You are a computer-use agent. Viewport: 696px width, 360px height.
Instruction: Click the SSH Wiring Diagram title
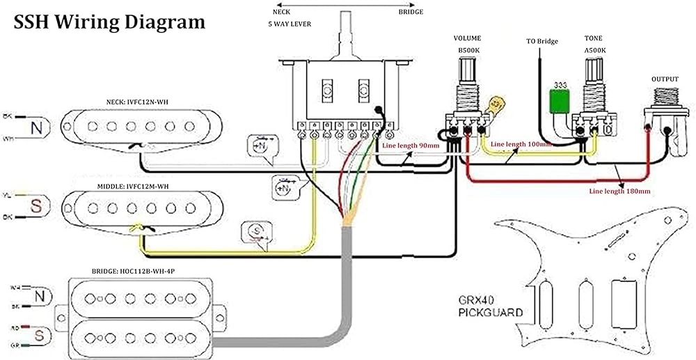[109, 22]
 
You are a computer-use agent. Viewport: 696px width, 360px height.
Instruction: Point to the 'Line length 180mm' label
[619, 190]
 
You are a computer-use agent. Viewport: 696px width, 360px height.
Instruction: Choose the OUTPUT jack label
[665, 79]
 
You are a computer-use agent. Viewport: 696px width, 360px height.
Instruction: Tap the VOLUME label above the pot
[467, 40]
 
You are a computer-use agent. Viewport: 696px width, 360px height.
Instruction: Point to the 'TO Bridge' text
[541, 41]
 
